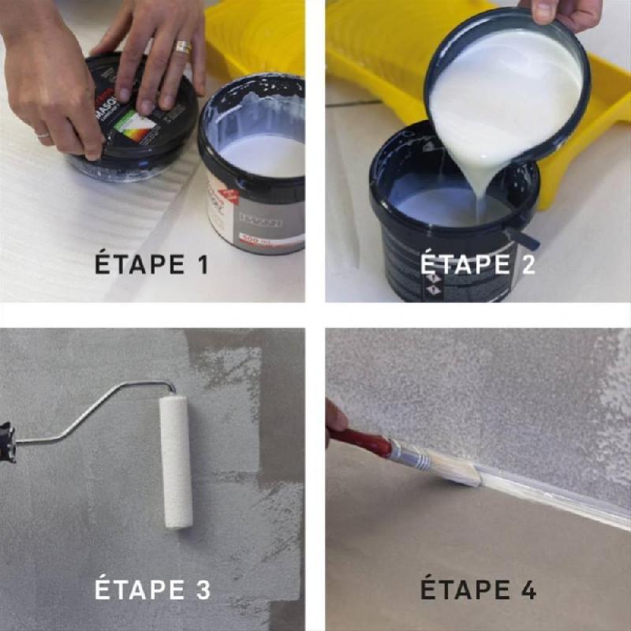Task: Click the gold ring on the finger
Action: pyautogui.click(x=183, y=48)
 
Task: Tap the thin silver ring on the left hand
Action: pyautogui.click(x=43, y=135)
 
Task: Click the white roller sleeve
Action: pyautogui.click(x=175, y=461)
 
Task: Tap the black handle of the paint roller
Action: pyautogui.click(x=7, y=442)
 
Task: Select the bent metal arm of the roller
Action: pyautogui.click(x=87, y=410)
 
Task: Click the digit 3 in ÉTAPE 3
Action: pyautogui.click(x=203, y=589)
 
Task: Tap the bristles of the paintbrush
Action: pyautogui.click(x=457, y=474)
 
